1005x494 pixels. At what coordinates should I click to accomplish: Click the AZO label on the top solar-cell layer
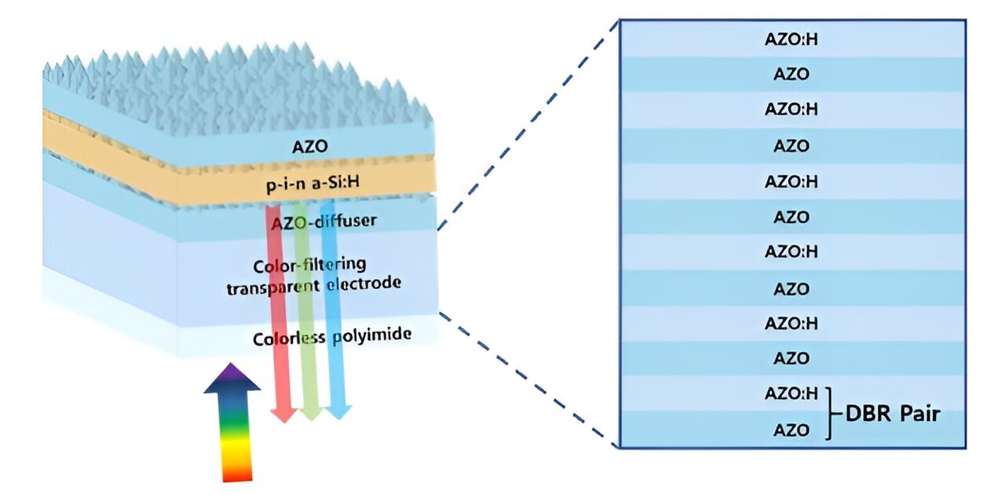pyautogui.click(x=309, y=146)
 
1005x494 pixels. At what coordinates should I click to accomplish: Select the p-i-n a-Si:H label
pyautogui.click(x=312, y=183)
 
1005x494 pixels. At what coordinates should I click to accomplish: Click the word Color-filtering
pyautogui.click(x=309, y=265)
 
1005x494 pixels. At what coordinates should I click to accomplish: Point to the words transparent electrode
pyautogui.click(x=313, y=285)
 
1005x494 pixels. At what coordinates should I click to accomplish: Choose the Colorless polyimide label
pyautogui.click(x=332, y=336)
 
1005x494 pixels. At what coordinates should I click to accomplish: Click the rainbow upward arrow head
pyautogui.click(x=232, y=378)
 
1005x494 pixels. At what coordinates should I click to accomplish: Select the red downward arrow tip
pyautogui.click(x=283, y=422)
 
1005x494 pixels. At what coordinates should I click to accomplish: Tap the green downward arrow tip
pyautogui.click(x=311, y=419)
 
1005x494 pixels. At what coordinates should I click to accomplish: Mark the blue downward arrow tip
pyautogui.click(x=338, y=419)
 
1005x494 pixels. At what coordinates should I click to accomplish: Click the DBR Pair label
pyautogui.click(x=893, y=413)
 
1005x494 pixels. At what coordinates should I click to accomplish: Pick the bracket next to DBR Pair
pyautogui.click(x=830, y=413)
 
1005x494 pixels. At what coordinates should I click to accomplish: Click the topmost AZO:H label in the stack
pyautogui.click(x=791, y=39)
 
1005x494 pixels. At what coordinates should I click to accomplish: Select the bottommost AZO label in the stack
pyautogui.click(x=791, y=430)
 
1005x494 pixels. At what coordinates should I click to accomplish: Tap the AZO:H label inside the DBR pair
pyautogui.click(x=791, y=393)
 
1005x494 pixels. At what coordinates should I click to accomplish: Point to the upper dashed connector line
pyautogui.click(x=528, y=125)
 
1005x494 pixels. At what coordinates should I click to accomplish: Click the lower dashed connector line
pyautogui.click(x=528, y=379)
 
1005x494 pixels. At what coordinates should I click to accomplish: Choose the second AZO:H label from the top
pyautogui.click(x=791, y=109)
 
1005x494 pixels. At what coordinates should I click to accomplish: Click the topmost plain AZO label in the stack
pyautogui.click(x=791, y=74)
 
